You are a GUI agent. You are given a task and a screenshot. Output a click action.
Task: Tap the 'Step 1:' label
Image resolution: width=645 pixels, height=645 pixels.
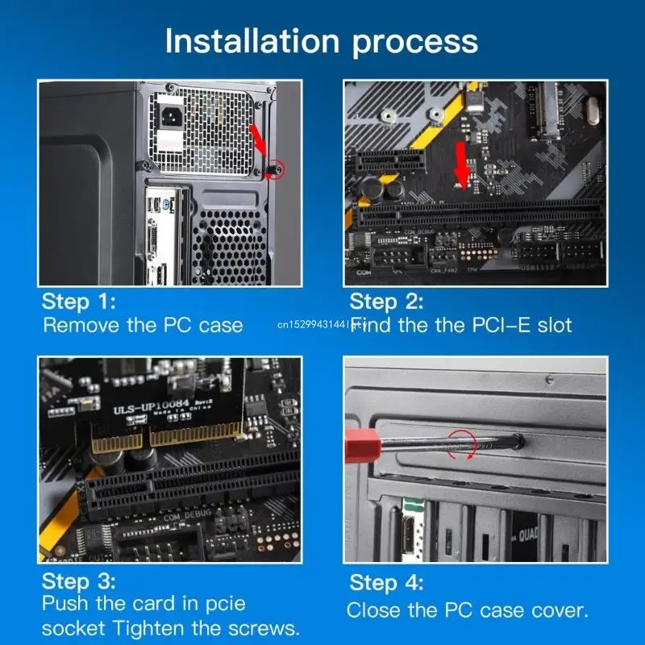coord(79,302)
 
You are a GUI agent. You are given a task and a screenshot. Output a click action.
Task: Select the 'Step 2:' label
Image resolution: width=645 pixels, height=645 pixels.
coord(386,302)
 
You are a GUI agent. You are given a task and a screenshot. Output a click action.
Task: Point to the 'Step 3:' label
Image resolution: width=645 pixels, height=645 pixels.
coord(79,580)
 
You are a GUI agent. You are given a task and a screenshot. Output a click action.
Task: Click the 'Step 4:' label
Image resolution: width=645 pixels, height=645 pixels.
coord(386,583)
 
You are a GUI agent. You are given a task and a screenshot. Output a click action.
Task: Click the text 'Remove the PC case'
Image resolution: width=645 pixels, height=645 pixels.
coord(143,326)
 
